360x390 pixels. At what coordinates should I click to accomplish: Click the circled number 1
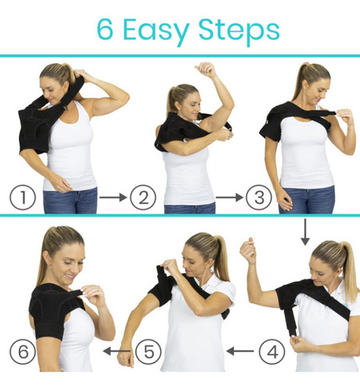click(x=23, y=197)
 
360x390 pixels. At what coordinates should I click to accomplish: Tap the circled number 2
click(x=143, y=197)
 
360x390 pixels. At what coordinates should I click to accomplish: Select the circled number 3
click(x=259, y=197)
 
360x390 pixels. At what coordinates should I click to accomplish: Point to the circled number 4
click(x=272, y=352)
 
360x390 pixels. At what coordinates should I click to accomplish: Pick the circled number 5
click(x=149, y=352)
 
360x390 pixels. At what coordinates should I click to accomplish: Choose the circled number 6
click(x=23, y=352)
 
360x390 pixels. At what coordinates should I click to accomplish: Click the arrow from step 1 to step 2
click(x=113, y=197)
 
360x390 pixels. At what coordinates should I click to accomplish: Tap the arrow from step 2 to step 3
click(x=229, y=197)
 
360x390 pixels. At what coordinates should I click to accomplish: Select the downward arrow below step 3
click(x=305, y=232)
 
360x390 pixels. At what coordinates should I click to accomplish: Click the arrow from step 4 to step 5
click(x=240, y=351)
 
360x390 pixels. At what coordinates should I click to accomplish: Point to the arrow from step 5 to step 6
click(x=117, y=351)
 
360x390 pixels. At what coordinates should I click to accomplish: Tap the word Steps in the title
click(x=239, y=30)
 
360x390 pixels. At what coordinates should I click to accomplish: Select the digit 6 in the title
click(x=105, y=30)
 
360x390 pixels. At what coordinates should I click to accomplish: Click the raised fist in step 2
click(x=206, y=69)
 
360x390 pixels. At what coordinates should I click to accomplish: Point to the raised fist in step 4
click(x=248, y=250)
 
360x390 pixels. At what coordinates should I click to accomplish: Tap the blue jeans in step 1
click(x=70, y=200)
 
